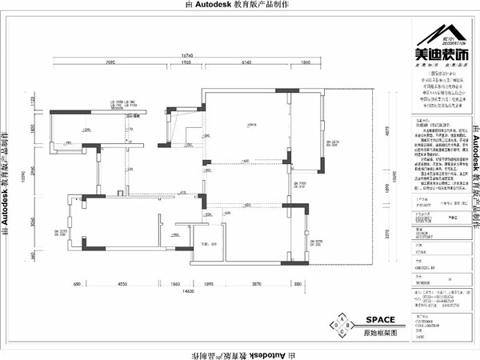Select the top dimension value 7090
(x=111, y=62)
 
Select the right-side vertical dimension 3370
(x=387, y=237)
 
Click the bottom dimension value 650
(x=78, y=284)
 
